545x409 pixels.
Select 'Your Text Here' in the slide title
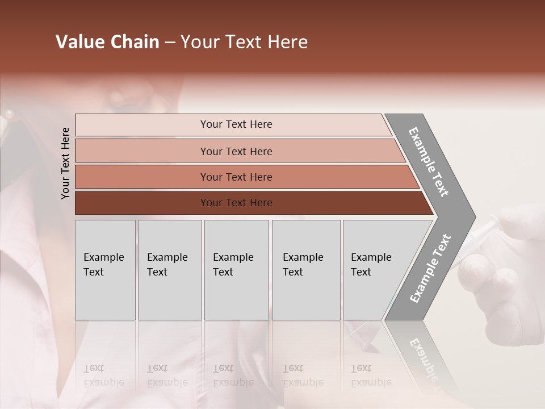point(244,42)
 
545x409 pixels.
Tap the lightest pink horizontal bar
point(236,124)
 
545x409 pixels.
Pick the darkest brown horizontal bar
point(236,203)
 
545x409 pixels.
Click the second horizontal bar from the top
point(236,151)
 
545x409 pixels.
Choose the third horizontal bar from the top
point(236,177)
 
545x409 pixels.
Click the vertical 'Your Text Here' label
point(65,163)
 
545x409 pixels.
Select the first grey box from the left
point(105,270)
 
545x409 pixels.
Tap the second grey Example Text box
point(170,270)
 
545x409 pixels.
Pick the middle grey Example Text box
point(236,270)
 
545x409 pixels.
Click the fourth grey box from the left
point(306,270)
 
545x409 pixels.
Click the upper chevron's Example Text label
point(429,162)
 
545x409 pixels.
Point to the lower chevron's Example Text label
point(430,269)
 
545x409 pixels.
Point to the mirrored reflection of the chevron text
point(423,361)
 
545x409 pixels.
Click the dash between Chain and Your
point(170,43)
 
